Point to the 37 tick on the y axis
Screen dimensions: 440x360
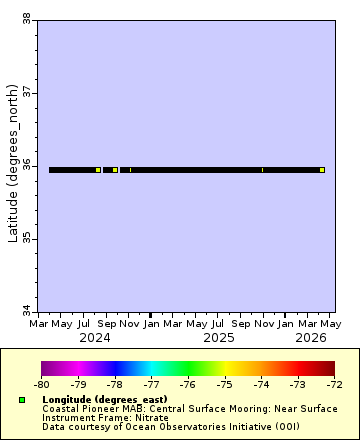27,92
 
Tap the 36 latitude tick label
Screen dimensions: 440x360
27,165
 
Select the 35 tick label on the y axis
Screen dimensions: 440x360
27,238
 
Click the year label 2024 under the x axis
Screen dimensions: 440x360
95,338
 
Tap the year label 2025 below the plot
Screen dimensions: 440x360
218,338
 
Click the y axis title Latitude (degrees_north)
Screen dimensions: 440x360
13,165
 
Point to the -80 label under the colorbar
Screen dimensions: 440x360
41,383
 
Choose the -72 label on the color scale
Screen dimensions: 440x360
334,383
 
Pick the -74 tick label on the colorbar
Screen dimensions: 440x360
261,383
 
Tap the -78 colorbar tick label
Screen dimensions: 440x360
114,383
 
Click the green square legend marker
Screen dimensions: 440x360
22,400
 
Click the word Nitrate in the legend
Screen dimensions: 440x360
149,417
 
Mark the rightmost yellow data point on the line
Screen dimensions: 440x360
322,170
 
